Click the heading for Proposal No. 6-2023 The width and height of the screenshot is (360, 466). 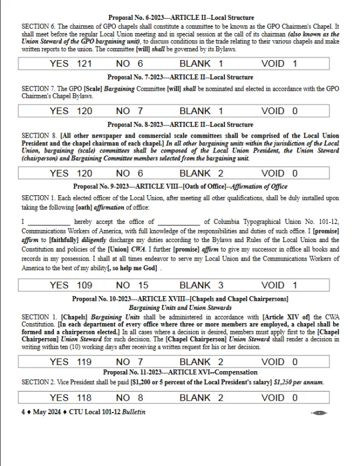coord(180,18)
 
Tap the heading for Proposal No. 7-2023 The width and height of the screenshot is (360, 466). coord(180,77)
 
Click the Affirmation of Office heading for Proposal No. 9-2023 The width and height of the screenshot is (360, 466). coord(180,187)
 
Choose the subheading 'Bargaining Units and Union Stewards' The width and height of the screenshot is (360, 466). coord(180,307)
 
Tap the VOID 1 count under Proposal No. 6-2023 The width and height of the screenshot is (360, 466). coord(280,63)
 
